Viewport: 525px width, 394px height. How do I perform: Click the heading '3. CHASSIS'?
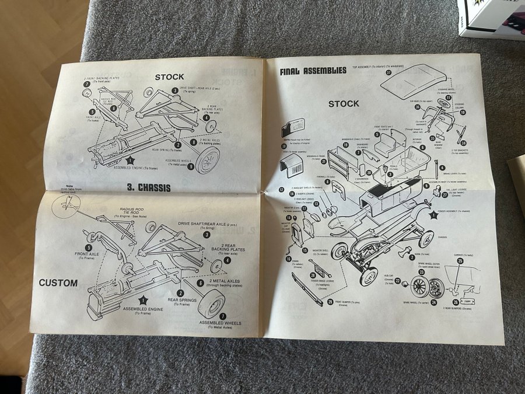148,188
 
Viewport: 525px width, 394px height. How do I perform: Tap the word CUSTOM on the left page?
58,283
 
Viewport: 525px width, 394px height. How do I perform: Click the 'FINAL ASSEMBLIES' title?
313,71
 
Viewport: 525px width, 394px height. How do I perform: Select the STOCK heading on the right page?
344,104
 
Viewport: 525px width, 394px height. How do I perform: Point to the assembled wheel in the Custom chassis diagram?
215,304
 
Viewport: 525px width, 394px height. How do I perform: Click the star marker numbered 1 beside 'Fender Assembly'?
433,215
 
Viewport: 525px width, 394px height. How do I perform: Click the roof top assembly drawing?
412,81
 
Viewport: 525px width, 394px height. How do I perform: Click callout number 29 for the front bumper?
330,302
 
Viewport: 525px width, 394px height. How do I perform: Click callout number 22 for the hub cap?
398,281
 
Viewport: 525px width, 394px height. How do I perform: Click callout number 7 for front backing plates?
87,84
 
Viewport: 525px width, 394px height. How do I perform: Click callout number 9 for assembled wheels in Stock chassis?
191,166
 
